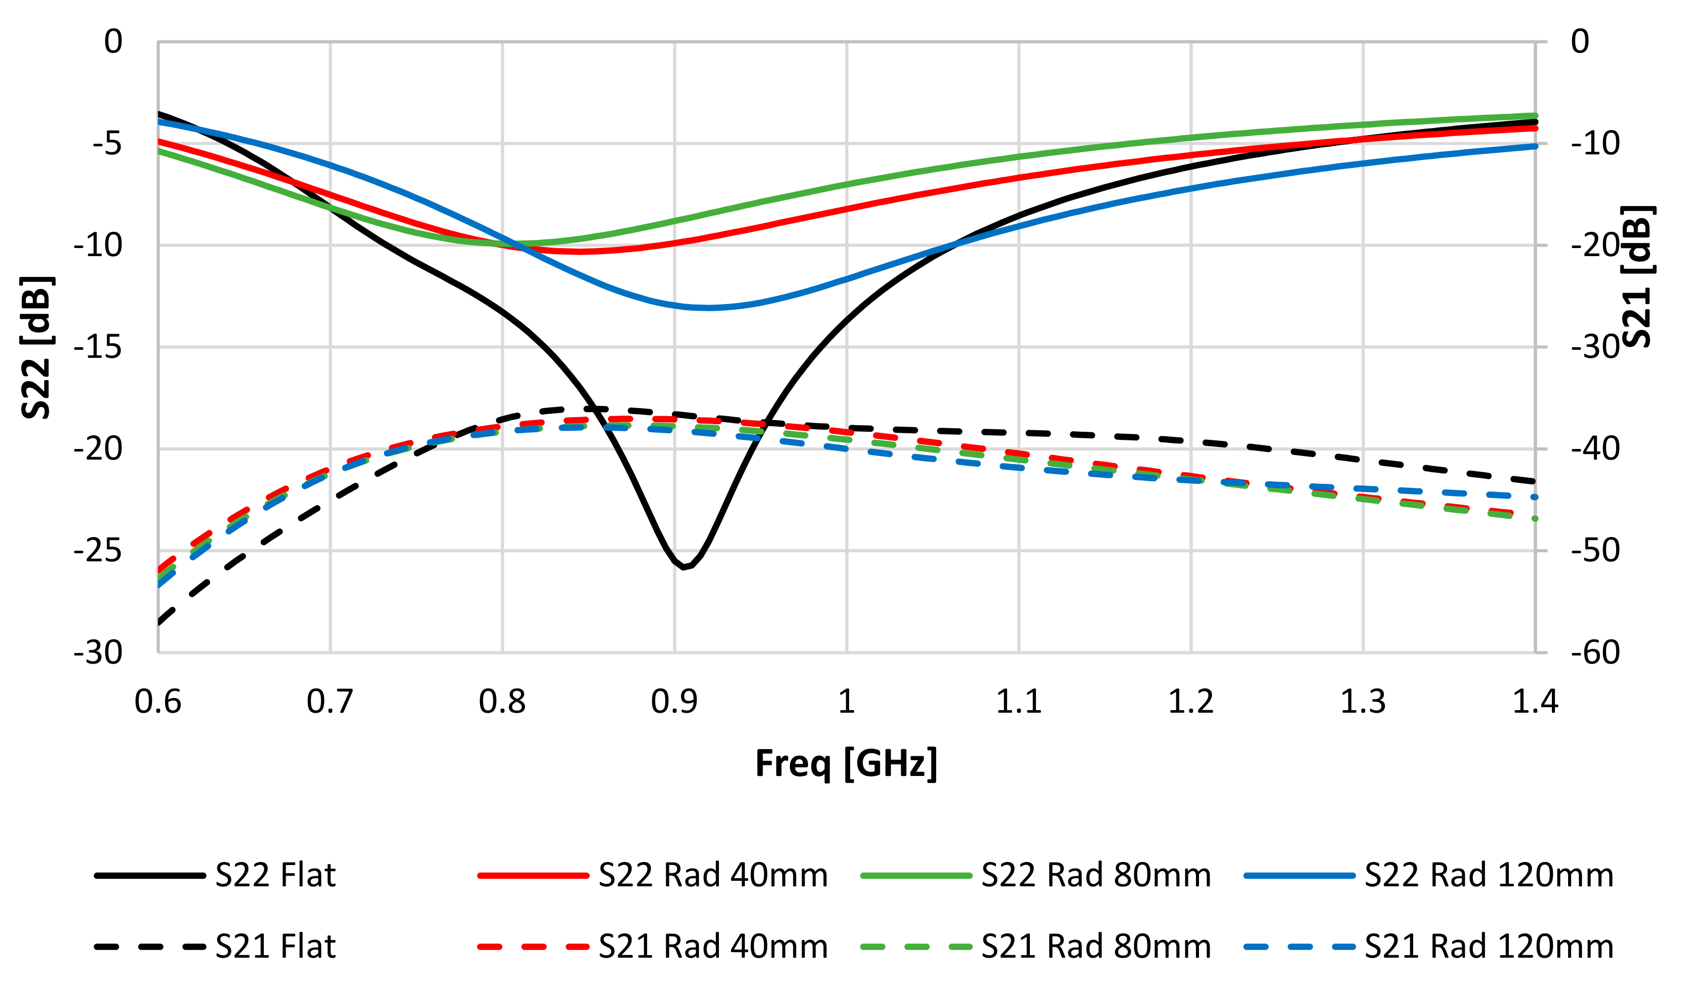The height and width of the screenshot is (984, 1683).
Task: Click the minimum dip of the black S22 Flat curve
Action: pos(683,567)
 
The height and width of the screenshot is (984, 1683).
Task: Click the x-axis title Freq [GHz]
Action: pos(846,763)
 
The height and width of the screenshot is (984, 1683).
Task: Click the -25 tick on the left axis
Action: pos(98,551)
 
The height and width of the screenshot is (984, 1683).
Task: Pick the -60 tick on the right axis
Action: pos(1595,652)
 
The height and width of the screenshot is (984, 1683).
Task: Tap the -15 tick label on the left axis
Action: pos(98,347)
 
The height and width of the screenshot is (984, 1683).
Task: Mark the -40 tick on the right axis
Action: pos(1595,448)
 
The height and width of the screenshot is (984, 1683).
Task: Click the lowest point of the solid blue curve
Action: pos(708,308)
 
